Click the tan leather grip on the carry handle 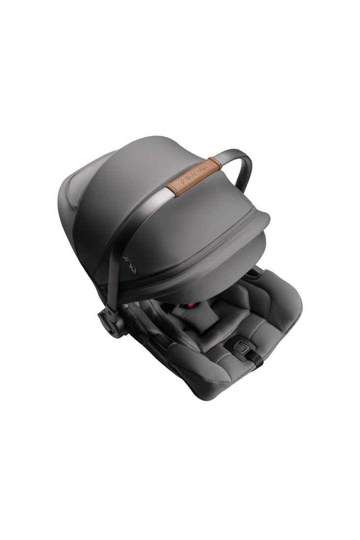click(x=194, y=177)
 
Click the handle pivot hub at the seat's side click(x=111, y=321)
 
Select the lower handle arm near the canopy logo click(x=117, y=262)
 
